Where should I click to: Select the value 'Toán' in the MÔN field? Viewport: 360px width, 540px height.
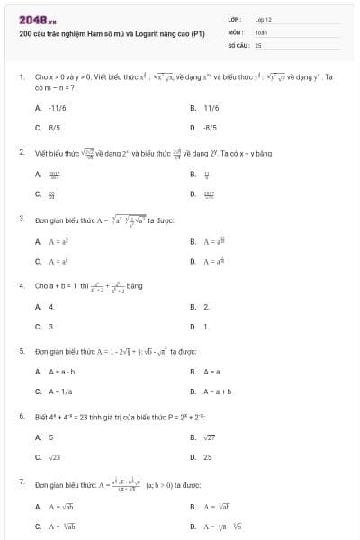pos(261,31)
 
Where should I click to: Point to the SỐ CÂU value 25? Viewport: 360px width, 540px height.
pos(258,43)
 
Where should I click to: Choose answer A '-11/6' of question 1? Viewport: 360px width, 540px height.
pos(58,107)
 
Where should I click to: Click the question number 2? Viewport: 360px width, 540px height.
pos(22,153)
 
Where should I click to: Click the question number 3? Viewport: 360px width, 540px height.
pos(22,219)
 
